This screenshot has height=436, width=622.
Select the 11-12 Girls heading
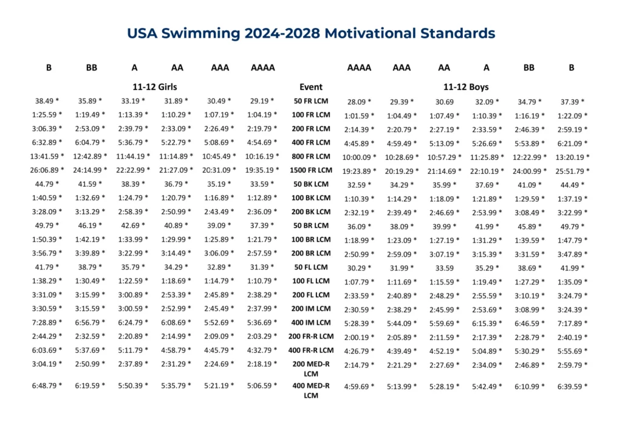[x=155, y=87]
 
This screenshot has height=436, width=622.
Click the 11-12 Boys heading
[x=466, y=87]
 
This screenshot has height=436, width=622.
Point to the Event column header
[x=311, y=87]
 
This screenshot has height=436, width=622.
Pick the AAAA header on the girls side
[x=262, y=67]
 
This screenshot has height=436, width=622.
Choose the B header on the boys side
[x=571, y=67]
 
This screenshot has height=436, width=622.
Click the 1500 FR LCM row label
[x=311, y=170]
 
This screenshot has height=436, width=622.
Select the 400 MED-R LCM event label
[x=311, y=391]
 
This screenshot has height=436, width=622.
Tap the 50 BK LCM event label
[x=311, y=184]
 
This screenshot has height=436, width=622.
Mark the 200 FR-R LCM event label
[x=311, y=336]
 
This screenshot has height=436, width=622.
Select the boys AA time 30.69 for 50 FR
[x=444, y=101]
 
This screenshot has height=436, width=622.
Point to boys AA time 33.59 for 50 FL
[x=444, y=267]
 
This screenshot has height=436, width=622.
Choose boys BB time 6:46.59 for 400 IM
[x=529, y=323]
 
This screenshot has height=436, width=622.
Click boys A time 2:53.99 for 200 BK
[x=487, y=212]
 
